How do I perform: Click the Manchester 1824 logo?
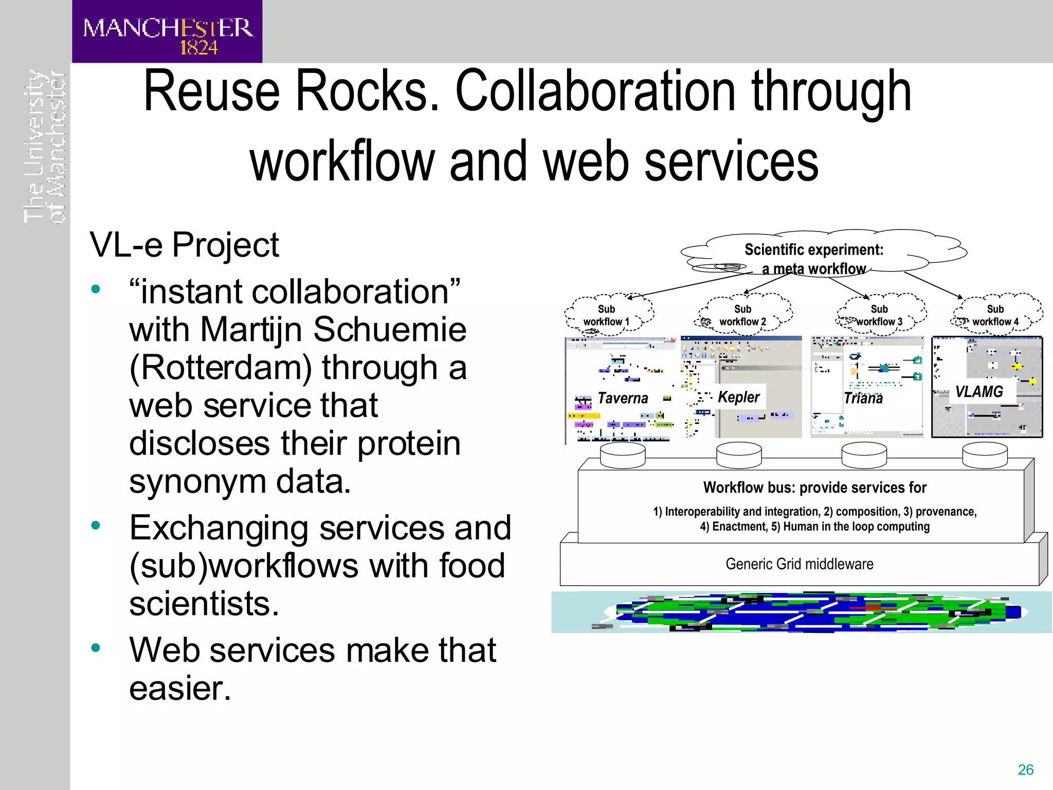(167, 32)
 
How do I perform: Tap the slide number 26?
(1025, 769)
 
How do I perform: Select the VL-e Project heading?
(184, 245)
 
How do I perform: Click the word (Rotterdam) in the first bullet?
(221, 368)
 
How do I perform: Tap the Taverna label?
(623, 398)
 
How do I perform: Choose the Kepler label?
(738, 397)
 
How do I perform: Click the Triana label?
(863, 398)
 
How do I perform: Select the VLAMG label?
(979, 392)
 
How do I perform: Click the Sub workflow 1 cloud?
(607, 315)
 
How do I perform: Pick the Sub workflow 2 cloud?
(743, 315)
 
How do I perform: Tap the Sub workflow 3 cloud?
(880, 315)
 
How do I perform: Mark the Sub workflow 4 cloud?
(996, 315)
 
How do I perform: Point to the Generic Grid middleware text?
(800, 564)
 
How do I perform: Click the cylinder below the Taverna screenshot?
(623, 455)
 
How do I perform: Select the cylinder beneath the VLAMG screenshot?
(985, 455)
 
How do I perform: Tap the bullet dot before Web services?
(96, 648)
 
